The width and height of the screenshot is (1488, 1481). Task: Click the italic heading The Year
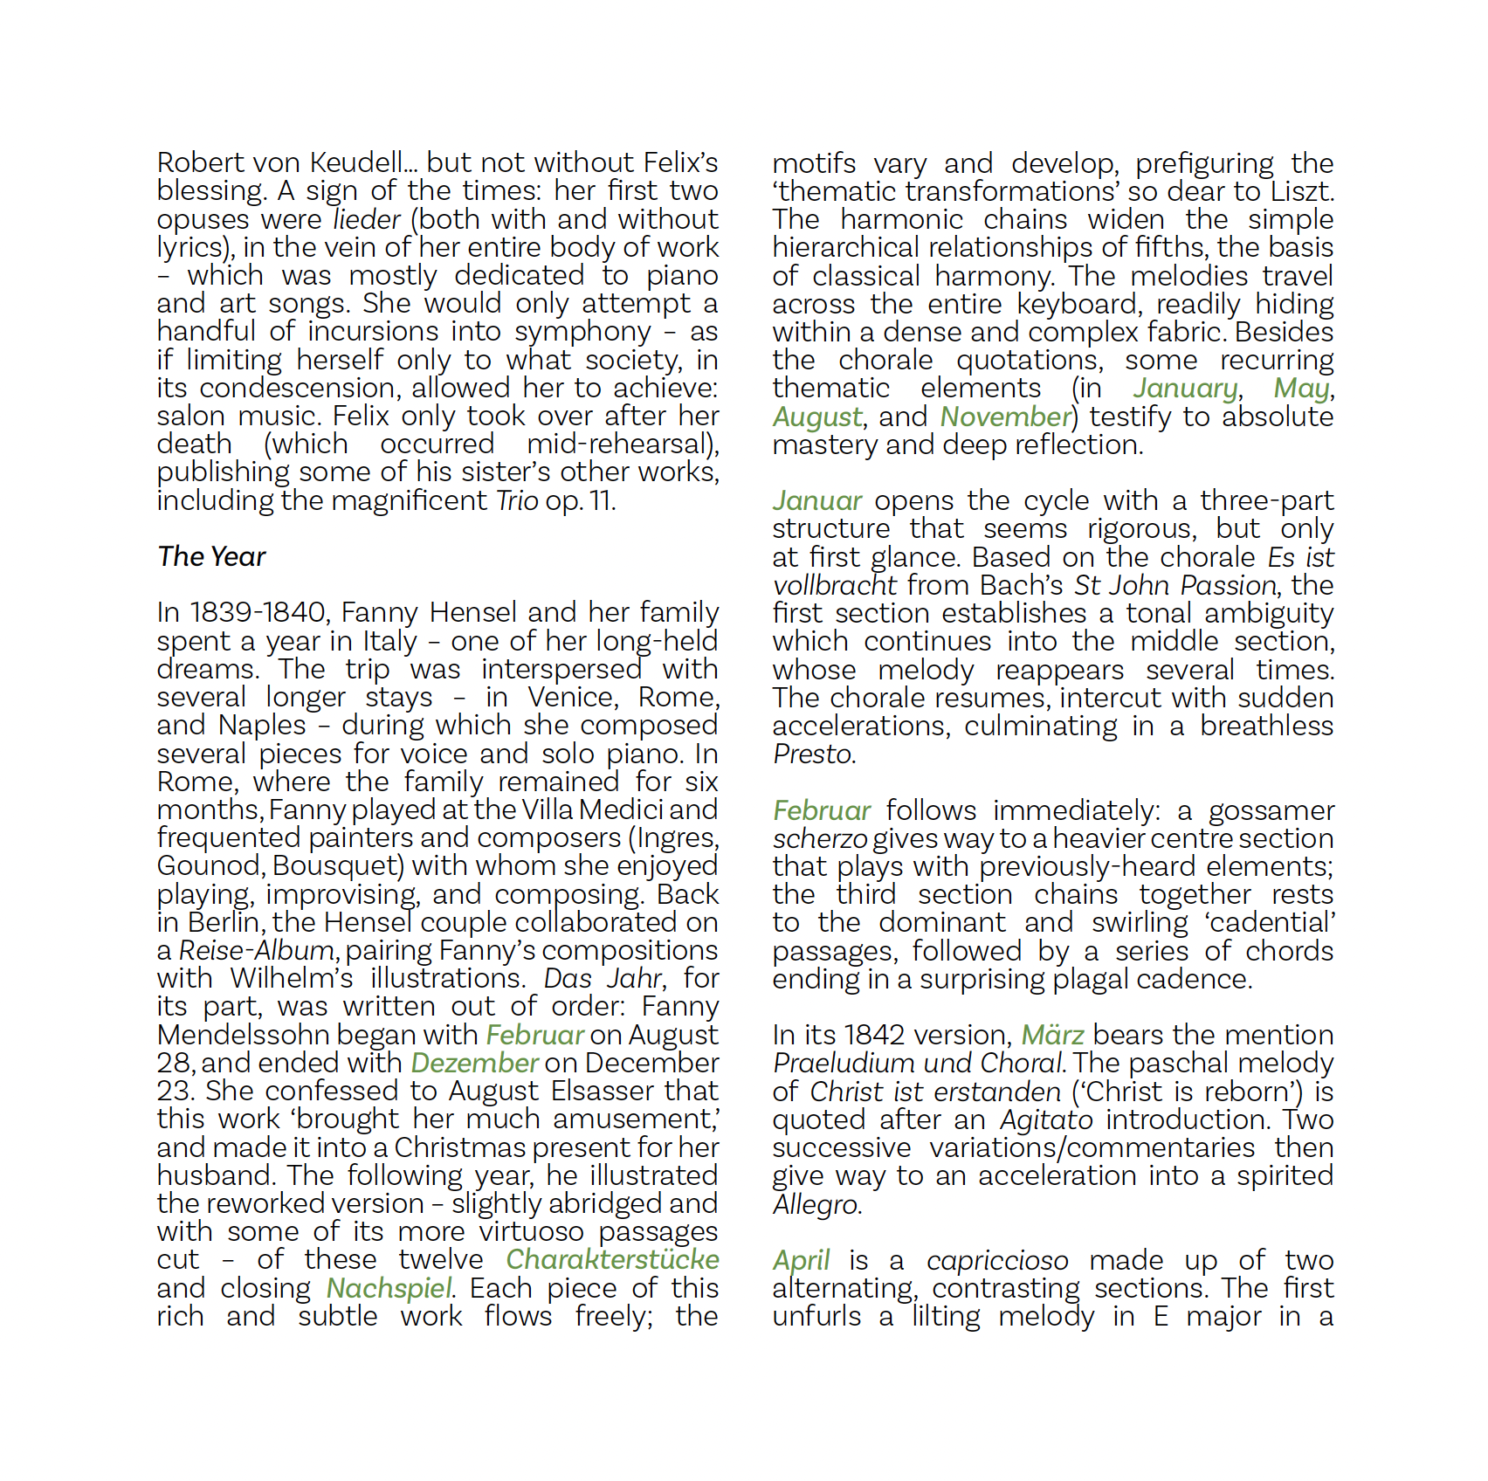pyautogui.click(x=211, y=556)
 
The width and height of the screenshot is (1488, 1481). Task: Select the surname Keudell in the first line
pyautogui.click(x=358, y=162)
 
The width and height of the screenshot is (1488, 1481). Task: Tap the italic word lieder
pyautogui.click(x=367, y=219)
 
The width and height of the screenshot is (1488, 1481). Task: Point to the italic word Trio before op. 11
pyautogui.click(x=517, y=500)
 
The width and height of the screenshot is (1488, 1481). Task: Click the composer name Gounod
pyautogui.click(x=210, y=865)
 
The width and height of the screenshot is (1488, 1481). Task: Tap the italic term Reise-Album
pyautogui.click(x=257, y=950)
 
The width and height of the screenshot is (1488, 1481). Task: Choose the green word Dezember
pyautogui.click(x=474, y=1063)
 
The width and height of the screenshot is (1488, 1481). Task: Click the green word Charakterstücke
pyautogui.click(x=612, y=1259)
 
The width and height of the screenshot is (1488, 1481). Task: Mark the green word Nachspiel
pyautogui.click(x=389, y=1288)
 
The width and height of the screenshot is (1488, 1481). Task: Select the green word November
pyautogui.click(x=1005, y=417)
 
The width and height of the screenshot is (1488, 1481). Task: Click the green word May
pyautogui.click(x=1301, y=388)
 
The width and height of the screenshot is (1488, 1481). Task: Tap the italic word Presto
pyautogui.click(x=812, y=754)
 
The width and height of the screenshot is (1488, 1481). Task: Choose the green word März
pyautogui.click(x=1052, y=1035)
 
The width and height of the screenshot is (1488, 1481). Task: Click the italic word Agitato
pyautogui.click(x=1046, y=1119)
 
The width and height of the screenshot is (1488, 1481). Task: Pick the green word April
pyautogui.click(x=801, y=1260)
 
